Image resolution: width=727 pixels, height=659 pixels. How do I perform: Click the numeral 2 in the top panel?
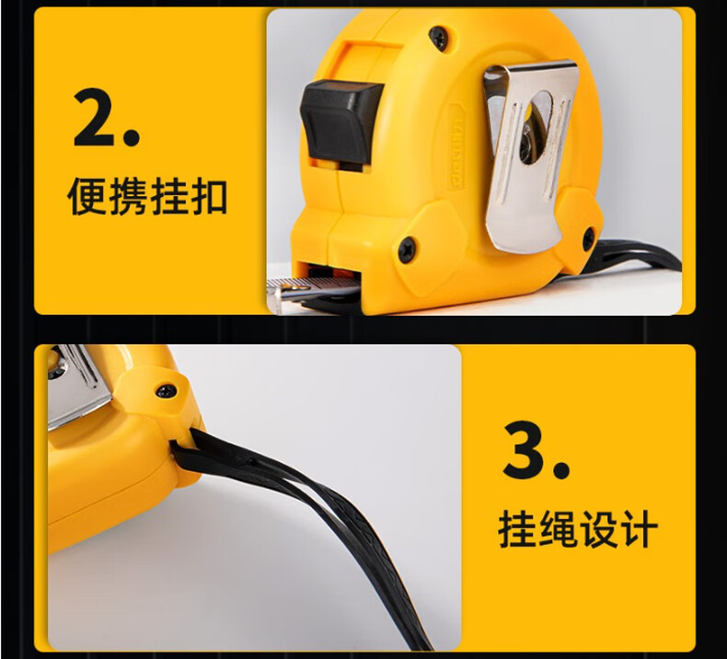(95, 117)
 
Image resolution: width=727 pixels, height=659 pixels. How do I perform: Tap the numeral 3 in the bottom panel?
(525, 449)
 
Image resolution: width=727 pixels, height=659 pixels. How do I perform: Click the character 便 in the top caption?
(87, 196)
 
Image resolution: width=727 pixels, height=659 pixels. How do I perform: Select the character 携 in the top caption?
(128, 196)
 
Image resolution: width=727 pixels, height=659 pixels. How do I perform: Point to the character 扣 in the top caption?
(208, 196)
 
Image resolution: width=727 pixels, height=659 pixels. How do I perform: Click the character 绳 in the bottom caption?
(557, 528)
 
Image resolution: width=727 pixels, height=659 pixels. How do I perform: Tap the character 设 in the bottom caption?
(597, 528)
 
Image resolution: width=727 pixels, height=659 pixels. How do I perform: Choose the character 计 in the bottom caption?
(639, 528)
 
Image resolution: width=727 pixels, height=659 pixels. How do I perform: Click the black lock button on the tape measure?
(340, 122)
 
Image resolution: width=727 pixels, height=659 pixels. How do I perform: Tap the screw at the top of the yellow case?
(438, 38)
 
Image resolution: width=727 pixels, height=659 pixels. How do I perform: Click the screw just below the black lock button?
(407, 250)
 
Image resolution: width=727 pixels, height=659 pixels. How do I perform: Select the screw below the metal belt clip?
(588, 239)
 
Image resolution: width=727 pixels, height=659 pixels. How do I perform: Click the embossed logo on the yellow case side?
(456, 146)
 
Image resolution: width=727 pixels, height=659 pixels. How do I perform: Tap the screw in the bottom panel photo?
(167, 391)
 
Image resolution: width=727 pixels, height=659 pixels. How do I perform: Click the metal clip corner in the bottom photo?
(79, 386)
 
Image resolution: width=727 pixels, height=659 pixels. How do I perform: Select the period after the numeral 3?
(561, 470)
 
